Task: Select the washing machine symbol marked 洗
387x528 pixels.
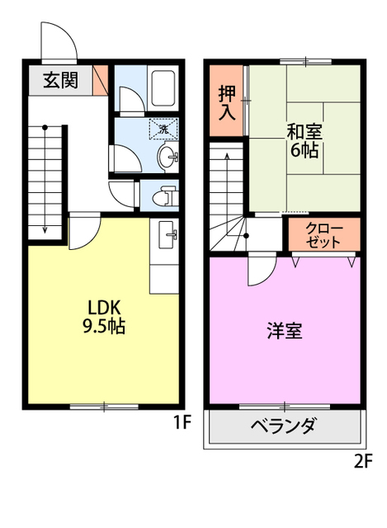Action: pos(163,129)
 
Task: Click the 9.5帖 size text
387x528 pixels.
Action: pos(103,327)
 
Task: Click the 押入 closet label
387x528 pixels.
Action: pos(227,101)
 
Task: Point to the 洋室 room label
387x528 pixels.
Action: pos(285,331)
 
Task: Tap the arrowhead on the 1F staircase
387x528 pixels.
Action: pos(45,230)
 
